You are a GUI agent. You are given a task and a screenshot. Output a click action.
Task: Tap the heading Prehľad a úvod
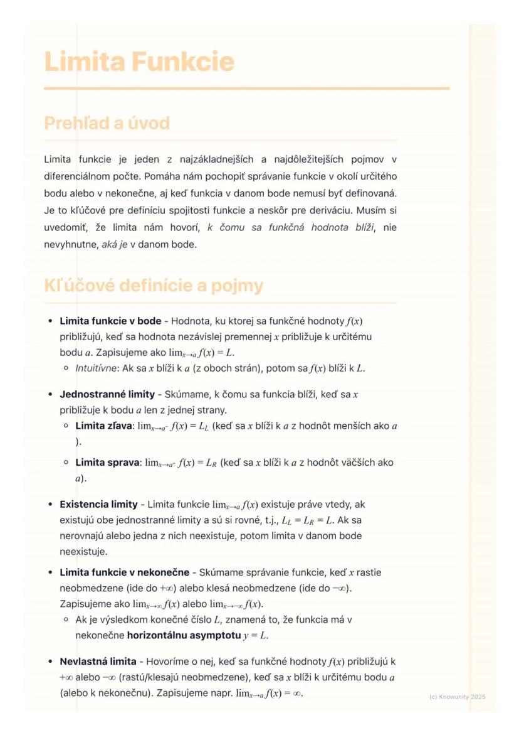click(x=107, y=123)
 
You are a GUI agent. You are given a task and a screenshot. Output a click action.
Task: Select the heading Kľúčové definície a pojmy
click(x=154, y=286)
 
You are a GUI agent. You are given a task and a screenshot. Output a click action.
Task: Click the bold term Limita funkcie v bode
click(x=110, y=321)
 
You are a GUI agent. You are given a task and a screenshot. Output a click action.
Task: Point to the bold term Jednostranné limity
click(x=107, y=394)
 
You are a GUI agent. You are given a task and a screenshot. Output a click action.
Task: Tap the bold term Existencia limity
click(x=98, y=504)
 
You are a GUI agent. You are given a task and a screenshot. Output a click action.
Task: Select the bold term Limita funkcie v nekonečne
click(x=124, y=572)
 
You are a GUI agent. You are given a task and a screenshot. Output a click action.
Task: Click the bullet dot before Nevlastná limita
click(x=50, y=662)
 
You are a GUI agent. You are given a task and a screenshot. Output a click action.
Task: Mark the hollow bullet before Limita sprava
click(x=66, y=463)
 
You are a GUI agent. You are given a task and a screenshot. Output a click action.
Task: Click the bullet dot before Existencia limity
click(x=50, y=504)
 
